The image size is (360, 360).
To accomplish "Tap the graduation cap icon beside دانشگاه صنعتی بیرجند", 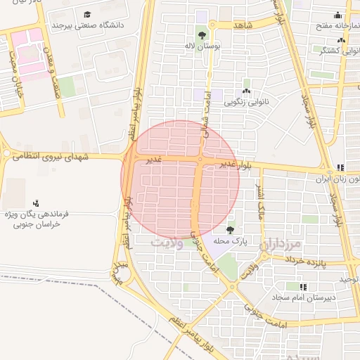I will pos(87,14).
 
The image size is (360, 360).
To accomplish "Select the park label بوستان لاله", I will pos(202,46).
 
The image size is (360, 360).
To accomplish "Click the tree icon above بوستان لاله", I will pos(202,34).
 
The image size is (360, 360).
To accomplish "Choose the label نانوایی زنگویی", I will pos(246,101).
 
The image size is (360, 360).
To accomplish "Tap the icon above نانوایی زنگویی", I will pos(246,91).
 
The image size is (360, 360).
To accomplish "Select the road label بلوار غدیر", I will pos(234,164).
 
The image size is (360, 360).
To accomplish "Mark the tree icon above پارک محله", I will pos(231,229).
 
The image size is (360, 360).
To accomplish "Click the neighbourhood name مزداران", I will pos(281,245).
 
